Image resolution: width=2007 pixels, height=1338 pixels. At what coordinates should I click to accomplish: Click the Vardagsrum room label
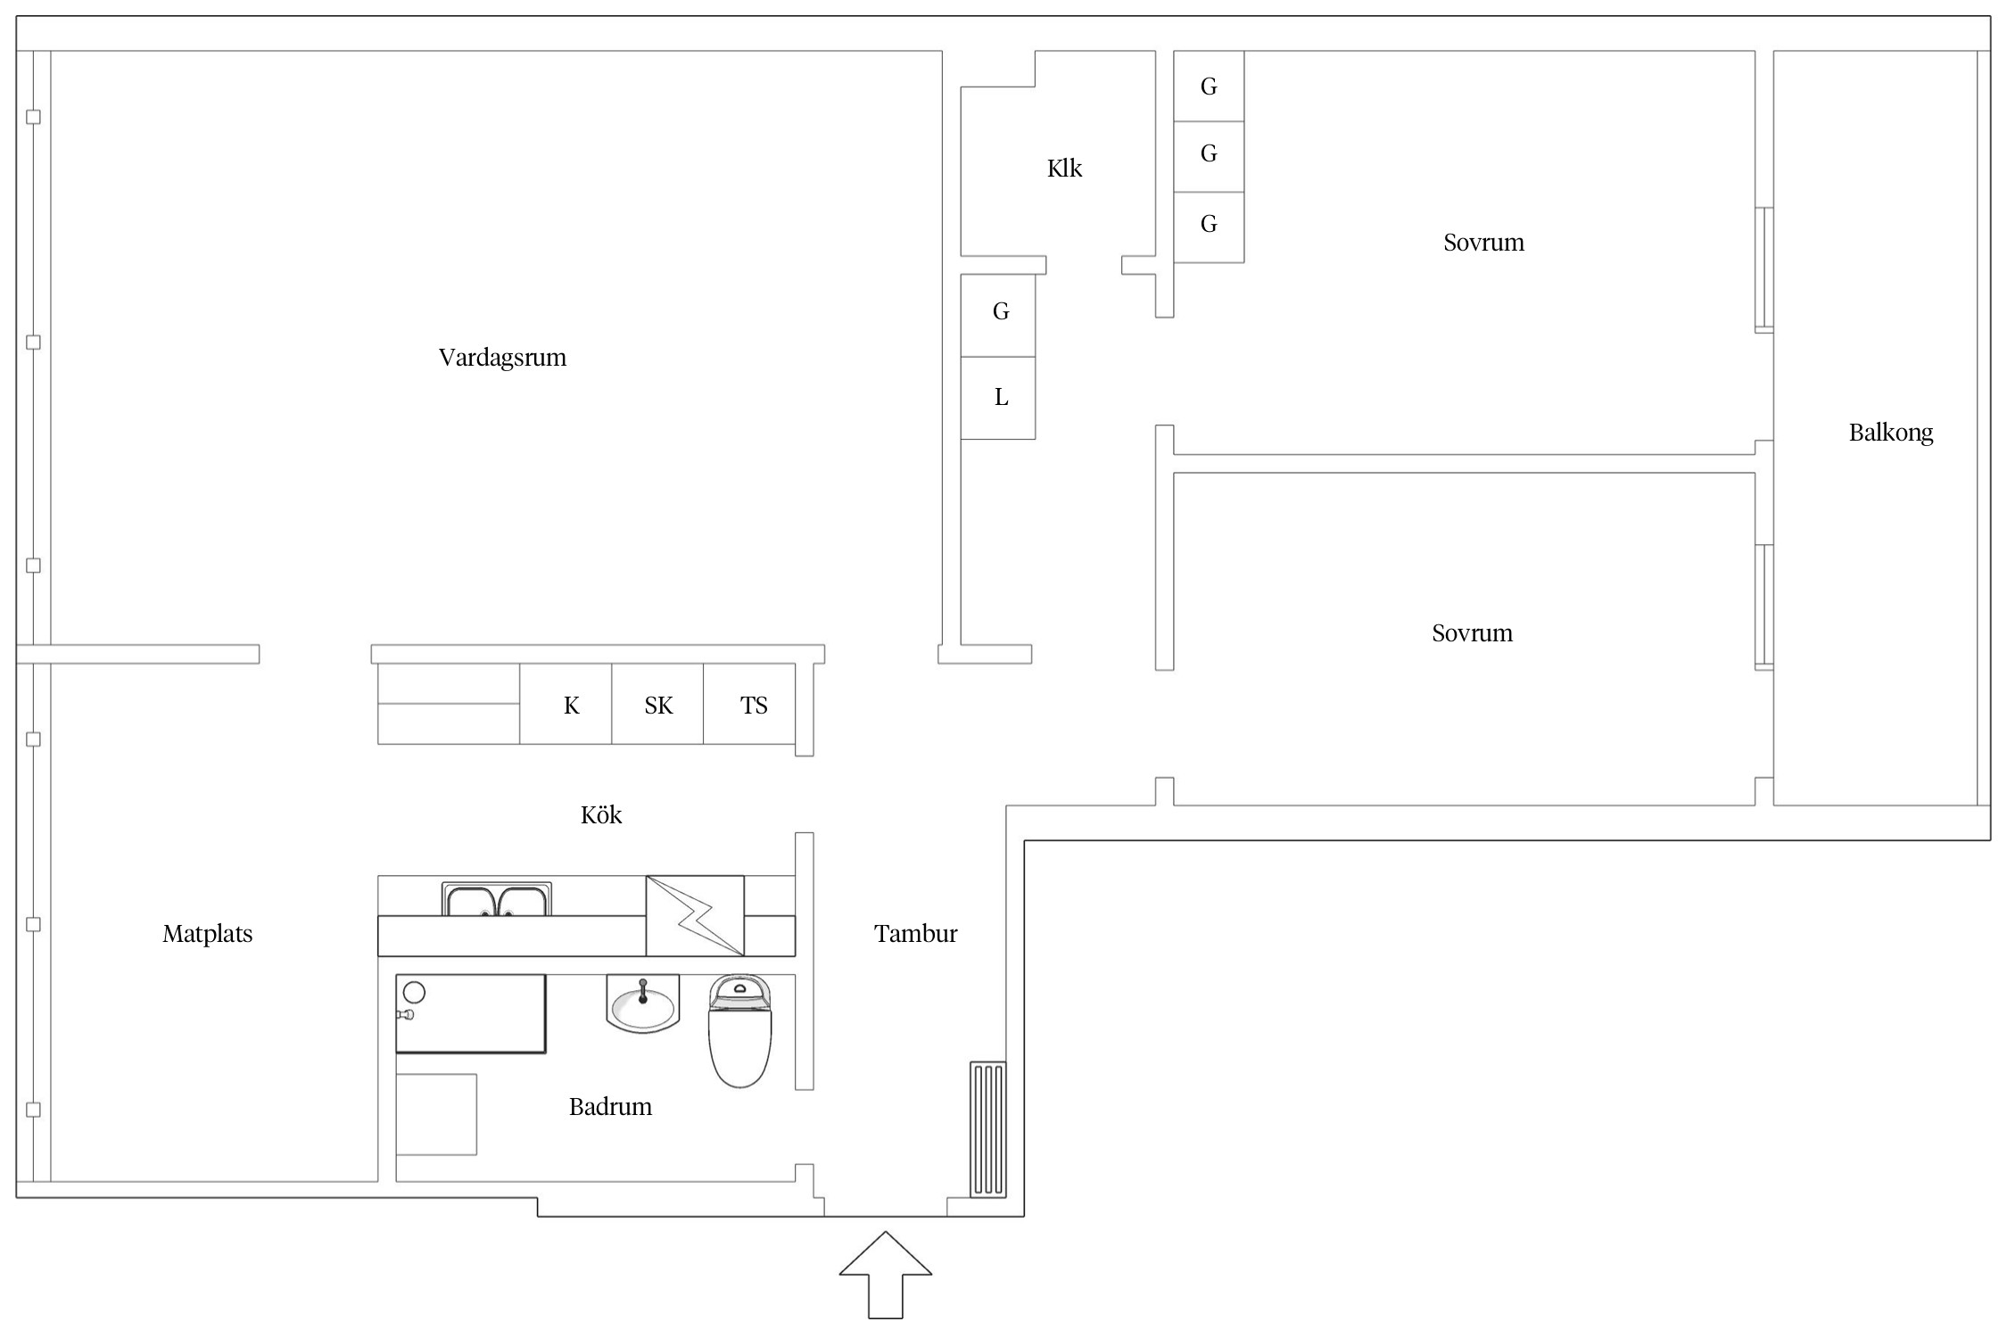(502, 358)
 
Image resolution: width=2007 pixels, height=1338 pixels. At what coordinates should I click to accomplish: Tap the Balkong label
(1890, 434)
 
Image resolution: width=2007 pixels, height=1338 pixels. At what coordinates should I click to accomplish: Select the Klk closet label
(1064, 169)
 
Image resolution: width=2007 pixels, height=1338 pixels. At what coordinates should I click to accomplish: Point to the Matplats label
(207, 934)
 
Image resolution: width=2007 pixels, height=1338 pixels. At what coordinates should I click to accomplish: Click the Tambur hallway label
(915, 934)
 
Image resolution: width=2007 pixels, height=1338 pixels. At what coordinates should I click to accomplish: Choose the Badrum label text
(610, 1107)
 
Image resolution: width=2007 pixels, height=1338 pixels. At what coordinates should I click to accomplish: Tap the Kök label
(601, 814)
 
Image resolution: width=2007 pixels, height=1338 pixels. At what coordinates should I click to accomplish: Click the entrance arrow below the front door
(886, 1275)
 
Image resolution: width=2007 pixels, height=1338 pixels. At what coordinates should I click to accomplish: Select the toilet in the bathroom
(739, 1030)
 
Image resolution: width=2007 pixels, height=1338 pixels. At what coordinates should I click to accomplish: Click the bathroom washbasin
(642, 1003)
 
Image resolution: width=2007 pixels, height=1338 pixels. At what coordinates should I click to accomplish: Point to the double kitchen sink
(497, 899)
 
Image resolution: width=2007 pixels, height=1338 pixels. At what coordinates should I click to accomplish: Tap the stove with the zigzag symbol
(695, 916)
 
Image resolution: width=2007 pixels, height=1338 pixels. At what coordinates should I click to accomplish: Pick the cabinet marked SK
(657, 704)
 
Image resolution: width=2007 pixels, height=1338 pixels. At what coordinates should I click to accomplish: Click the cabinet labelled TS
(749, 704)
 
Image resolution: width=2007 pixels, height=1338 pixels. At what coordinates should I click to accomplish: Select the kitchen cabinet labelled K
(566, 704)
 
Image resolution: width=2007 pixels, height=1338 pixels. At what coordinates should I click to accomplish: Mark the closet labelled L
(998, 398)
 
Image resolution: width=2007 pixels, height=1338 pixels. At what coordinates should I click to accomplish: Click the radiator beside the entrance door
(988, 1129)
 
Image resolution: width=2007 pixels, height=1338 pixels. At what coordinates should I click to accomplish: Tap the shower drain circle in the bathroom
(414, 992)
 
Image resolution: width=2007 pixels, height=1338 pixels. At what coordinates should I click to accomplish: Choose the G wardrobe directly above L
(998, 316)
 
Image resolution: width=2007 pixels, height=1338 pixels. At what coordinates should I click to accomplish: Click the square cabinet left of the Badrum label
(436, 1115)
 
